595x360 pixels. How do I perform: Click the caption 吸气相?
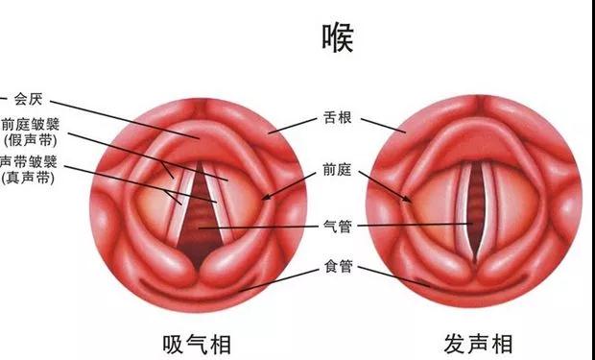click(195, 343)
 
